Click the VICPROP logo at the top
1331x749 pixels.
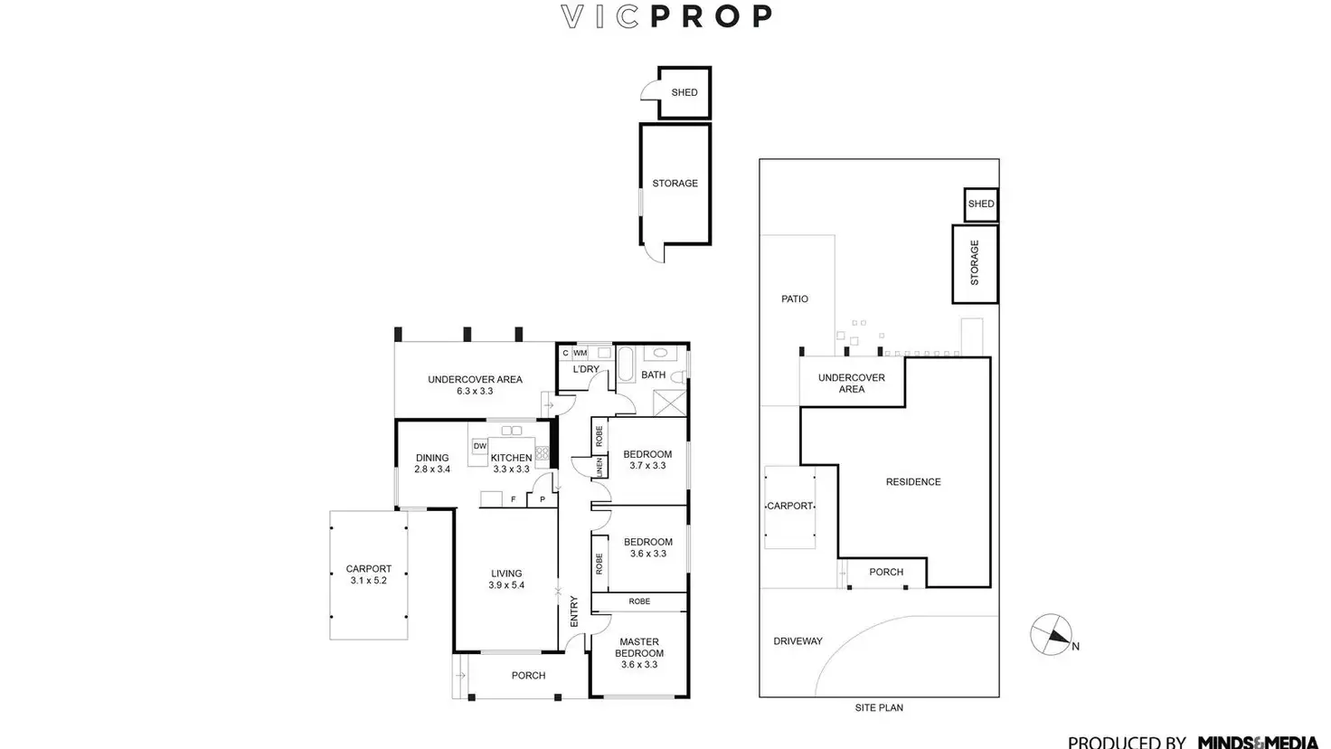point(665,16)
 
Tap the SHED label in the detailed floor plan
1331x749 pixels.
point(684,92)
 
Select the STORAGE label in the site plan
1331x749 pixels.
point(975,263)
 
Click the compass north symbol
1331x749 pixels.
point(1053,634)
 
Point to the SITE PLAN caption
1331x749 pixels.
point(879,708)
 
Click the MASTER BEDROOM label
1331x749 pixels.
point(639,648)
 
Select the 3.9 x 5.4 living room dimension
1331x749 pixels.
point(506,585)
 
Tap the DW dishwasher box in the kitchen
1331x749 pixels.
point(480,446)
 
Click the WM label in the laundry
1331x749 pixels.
point(581,354)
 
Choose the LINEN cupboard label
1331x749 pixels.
point(599,467)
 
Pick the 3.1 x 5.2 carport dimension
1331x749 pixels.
point(369,581)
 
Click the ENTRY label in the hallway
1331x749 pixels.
point(574,612)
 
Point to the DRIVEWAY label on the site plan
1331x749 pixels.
point(798,641)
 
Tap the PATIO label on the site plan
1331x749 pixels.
point(795,299)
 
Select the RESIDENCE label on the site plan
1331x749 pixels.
point(913,482)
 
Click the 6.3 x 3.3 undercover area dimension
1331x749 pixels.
point(475,392)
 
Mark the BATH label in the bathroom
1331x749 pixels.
point(654,375)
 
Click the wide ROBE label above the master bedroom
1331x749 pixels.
point(639,602)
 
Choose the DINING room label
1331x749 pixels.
point(432,458)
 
